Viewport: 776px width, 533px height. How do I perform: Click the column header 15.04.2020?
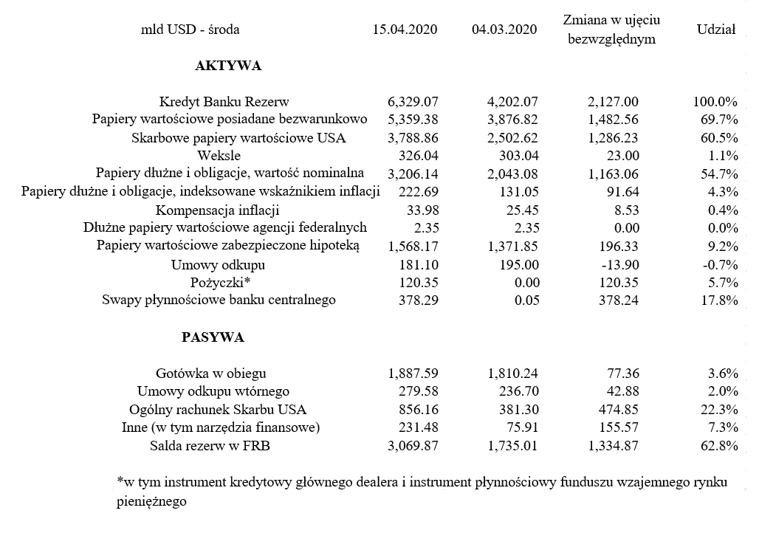405,30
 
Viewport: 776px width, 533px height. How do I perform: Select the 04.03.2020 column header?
504,30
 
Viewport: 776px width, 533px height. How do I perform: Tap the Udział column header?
715,30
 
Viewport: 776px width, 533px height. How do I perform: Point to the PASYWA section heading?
213,337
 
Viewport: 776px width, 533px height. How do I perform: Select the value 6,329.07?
413,102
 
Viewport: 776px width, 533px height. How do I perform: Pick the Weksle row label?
219,156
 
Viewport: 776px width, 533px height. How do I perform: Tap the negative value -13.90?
619,264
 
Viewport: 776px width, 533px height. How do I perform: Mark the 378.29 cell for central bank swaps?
422,300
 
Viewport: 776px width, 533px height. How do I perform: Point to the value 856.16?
422,409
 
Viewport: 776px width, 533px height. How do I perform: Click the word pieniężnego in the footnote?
151,501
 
